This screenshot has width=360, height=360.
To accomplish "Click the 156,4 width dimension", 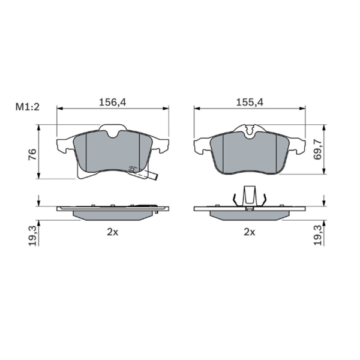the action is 113,102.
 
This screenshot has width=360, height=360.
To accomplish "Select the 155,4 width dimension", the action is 250,102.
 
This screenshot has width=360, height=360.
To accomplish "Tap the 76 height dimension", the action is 32,155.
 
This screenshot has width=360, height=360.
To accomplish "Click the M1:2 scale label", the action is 28,107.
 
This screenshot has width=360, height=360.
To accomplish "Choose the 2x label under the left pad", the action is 113,232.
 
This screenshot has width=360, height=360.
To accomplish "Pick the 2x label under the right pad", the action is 250,232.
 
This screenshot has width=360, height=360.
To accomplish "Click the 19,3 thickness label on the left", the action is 32,236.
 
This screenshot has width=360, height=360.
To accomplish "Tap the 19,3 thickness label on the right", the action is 318,236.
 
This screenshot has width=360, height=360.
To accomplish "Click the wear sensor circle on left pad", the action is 132,169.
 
